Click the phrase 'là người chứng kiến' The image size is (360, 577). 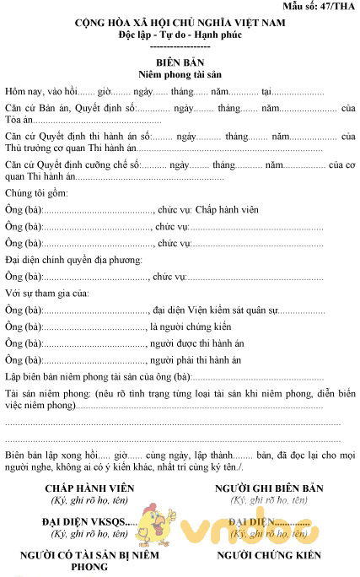pos(191,326)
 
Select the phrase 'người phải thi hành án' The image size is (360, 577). pos(196,359)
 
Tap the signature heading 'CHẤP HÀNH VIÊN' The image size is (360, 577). pos(78,488)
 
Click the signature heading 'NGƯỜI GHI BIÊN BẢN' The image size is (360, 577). pos(269,488)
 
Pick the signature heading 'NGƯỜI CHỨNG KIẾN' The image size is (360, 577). pos(269,556)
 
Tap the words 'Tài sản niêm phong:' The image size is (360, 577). pos(43,393)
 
